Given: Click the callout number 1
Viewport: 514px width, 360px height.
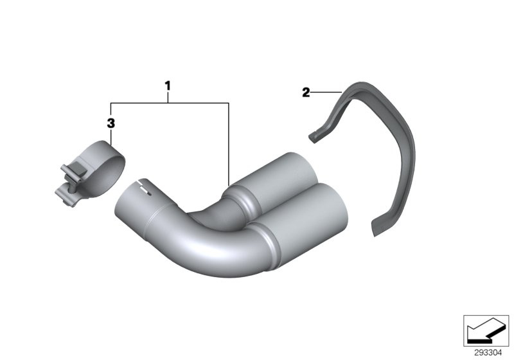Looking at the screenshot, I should [168, 85].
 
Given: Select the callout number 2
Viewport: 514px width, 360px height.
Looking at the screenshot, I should [306, 93].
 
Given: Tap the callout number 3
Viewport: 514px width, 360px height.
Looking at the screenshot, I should [111, 122].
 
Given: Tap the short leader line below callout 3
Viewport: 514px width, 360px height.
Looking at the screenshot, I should [111, 135].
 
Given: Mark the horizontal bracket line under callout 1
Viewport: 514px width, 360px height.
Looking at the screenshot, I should [170, 102].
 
